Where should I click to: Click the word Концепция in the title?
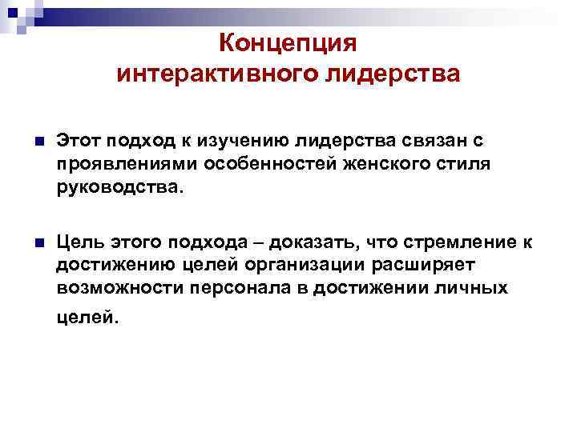[x=288, y=42]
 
